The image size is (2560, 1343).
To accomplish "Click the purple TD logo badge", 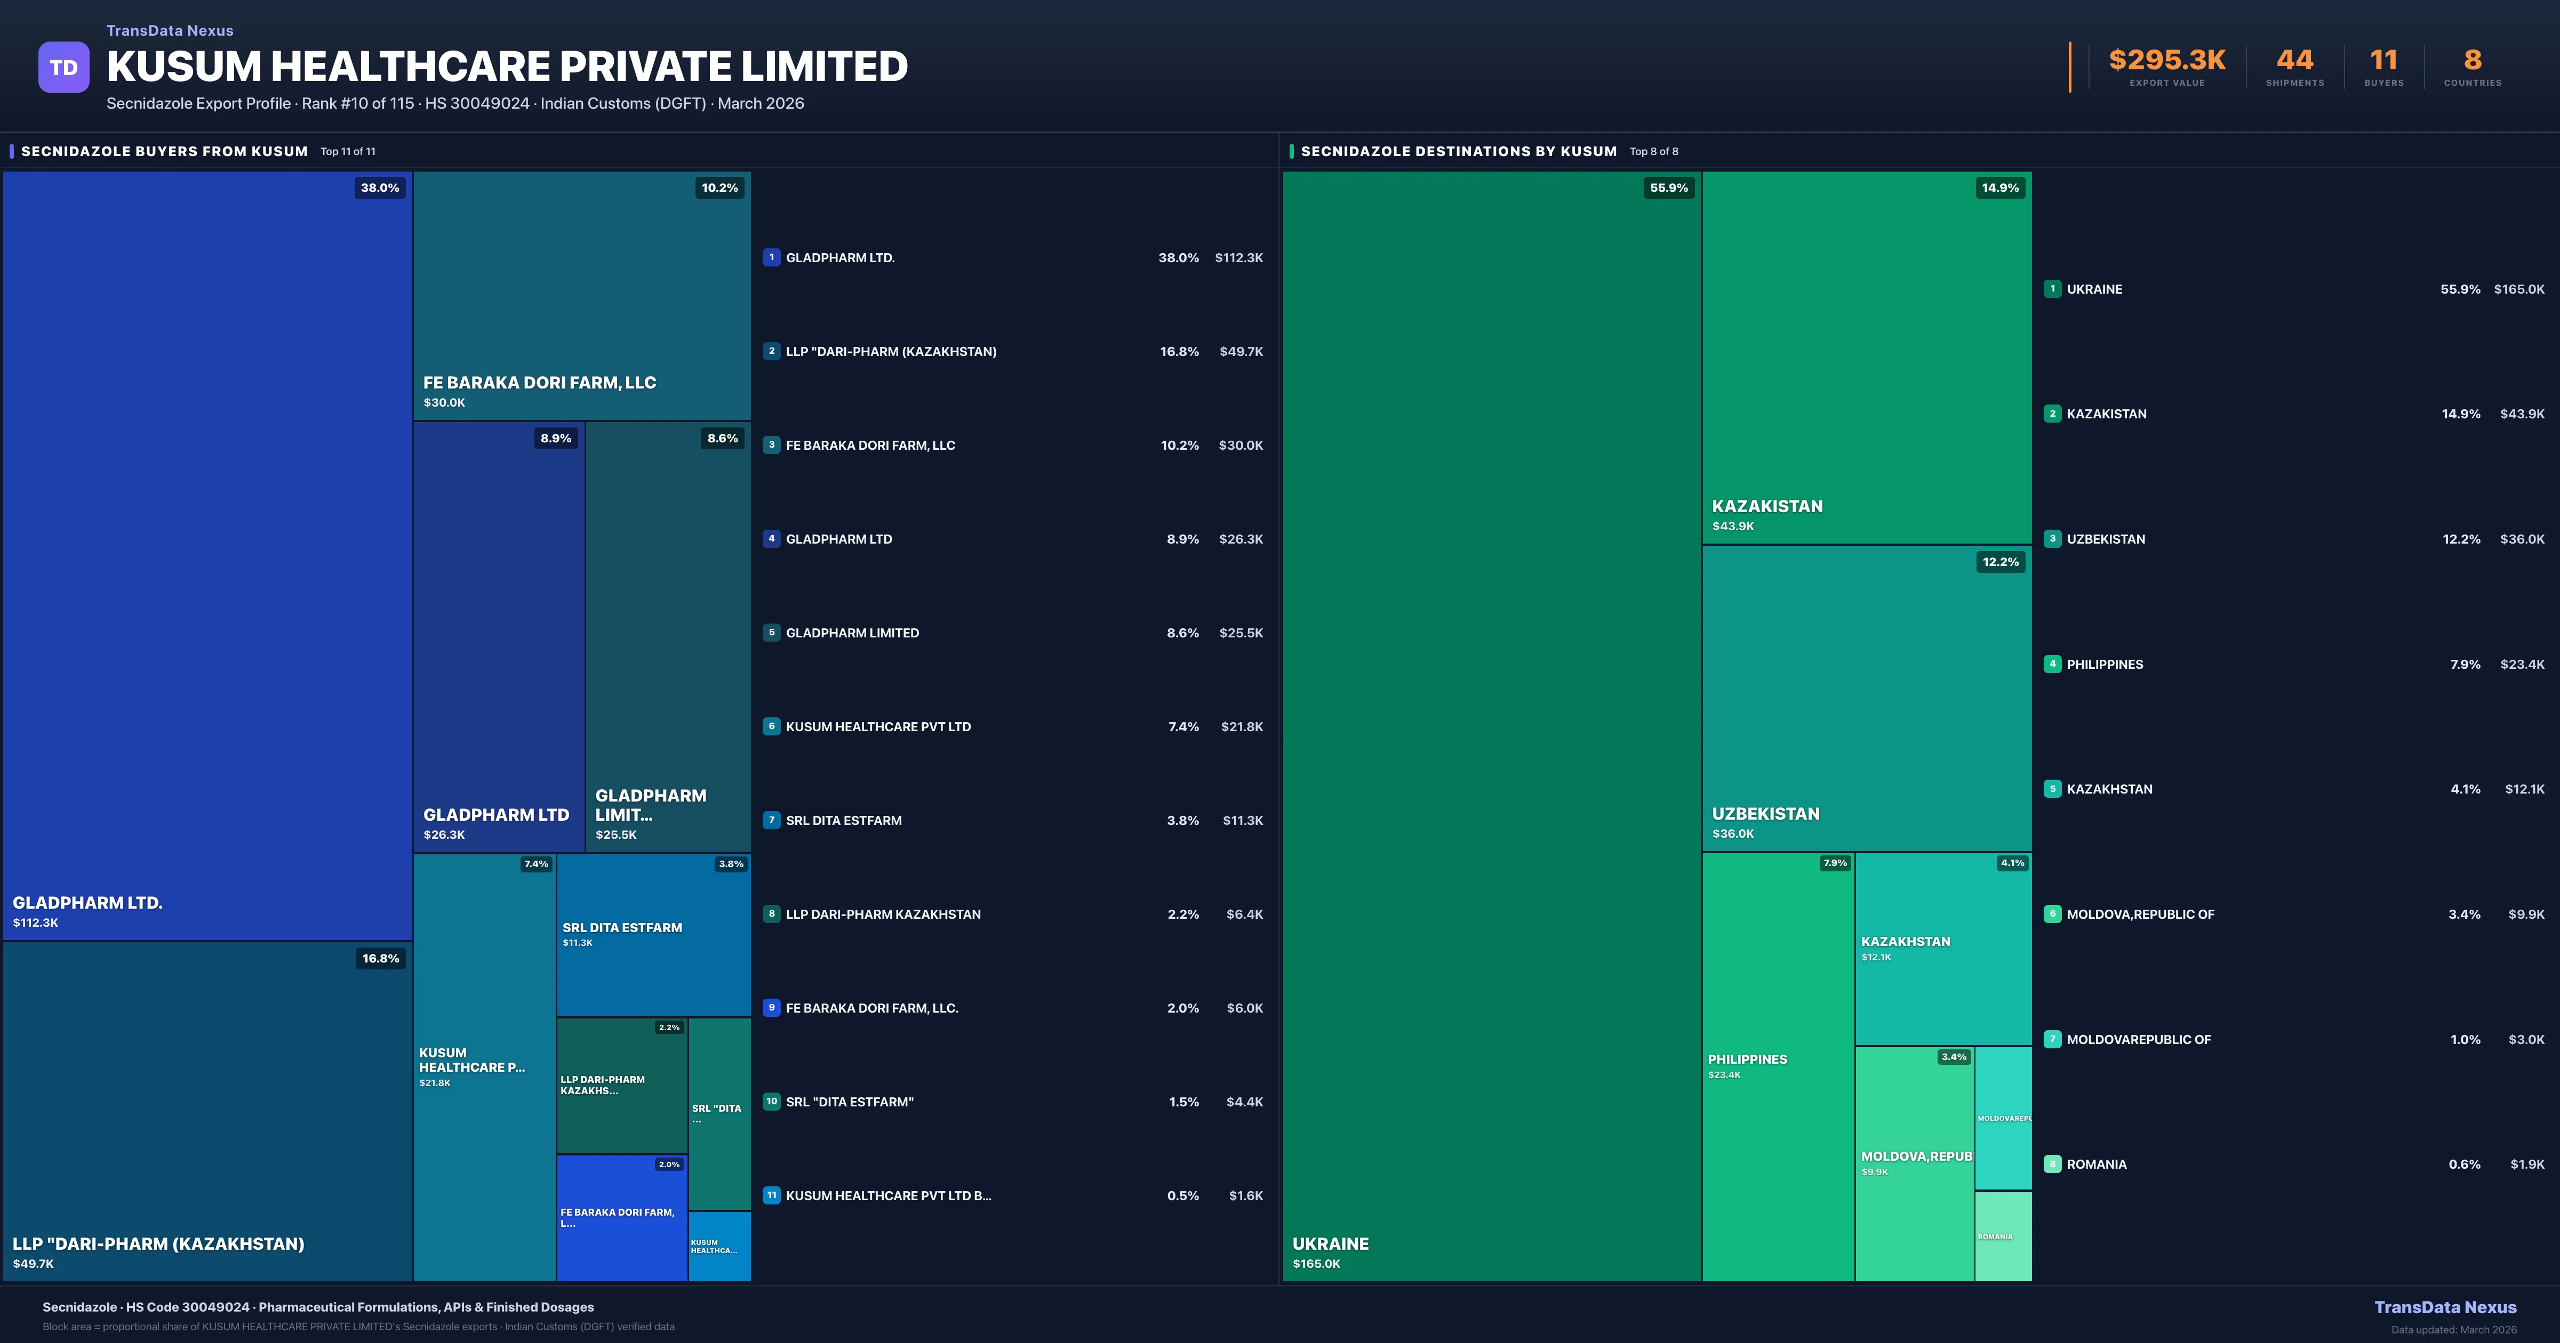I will tap(63, 68).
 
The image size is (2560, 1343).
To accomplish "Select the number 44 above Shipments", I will tap(2294, 61).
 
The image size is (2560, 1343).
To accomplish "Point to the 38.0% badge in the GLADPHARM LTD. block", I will tap(380, 188).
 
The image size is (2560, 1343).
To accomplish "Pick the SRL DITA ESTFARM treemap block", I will tap(653, 934).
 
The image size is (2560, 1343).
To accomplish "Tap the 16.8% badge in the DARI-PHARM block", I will tap(381, 959).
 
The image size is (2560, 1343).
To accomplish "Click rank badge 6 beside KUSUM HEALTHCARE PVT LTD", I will tap(771, 726).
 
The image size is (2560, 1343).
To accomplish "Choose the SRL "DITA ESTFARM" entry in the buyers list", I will tap(850, 1102).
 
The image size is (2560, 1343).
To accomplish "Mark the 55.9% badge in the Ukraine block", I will tap(1669, 188).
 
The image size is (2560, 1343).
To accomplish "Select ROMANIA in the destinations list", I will tap(2097, 1164).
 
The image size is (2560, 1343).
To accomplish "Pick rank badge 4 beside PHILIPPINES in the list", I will tap(2052, 664).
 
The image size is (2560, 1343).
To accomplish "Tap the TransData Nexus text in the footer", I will tap(2445, 1307).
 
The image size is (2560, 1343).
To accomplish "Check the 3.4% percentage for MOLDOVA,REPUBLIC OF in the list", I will tap(2463, 914).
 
